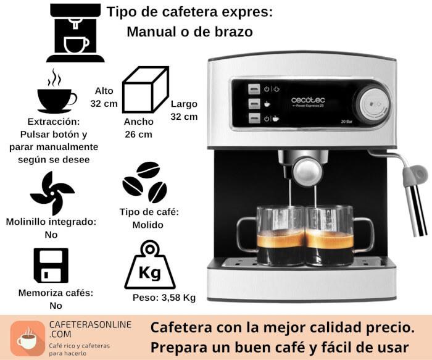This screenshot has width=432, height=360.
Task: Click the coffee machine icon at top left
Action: click(75, 33)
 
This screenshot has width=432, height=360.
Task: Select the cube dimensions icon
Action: click(146, 90)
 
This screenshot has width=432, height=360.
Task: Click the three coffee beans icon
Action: click(144, 182)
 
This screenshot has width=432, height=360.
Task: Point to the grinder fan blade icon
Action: click(52, 193)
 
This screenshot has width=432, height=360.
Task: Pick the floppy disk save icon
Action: click(51, 265)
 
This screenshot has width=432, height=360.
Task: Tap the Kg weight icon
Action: click(150, 265)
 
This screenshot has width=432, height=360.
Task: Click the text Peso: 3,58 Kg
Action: click(164, 298)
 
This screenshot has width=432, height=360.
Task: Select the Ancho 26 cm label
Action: click(139, 128)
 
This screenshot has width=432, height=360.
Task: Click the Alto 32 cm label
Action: click(104, 97)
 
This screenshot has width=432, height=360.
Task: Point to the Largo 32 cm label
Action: click(184, 110)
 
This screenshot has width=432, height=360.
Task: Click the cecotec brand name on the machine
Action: click(308, 100)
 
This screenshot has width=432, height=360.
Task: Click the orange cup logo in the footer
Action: click(28, 338)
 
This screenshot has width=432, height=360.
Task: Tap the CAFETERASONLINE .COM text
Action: click(90, 329)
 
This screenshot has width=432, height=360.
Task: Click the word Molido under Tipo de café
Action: click(148, 225)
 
